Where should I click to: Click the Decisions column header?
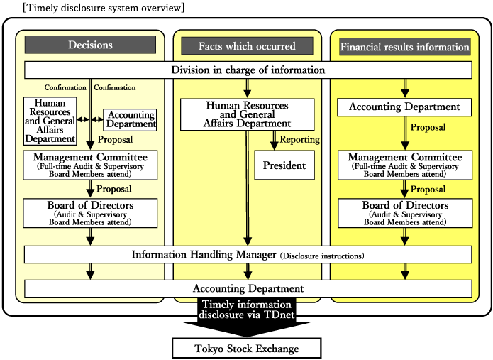[x=90, y=45]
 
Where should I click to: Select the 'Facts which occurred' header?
[x=248, y=46]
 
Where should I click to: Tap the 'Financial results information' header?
[x=405, y=47]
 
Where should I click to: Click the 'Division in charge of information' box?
[x=248, y=70]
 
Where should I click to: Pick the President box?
[x=284, y=165]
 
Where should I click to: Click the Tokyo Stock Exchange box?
[x=247, y=349]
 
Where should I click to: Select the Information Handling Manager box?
[x=248, y=254]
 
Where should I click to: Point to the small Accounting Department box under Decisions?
[x=131, y=119]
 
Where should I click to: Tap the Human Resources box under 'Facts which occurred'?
[x=247, y=114]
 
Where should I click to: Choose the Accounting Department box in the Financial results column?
[x=405, y=108]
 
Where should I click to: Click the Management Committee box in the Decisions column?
[x=90, y=164]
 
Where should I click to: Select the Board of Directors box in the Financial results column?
[x=405, y=213]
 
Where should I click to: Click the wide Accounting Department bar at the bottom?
[x=248, y=288]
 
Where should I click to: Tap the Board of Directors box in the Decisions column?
[x=90, y=213]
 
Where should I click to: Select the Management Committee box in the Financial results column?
[x=405, y=164]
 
